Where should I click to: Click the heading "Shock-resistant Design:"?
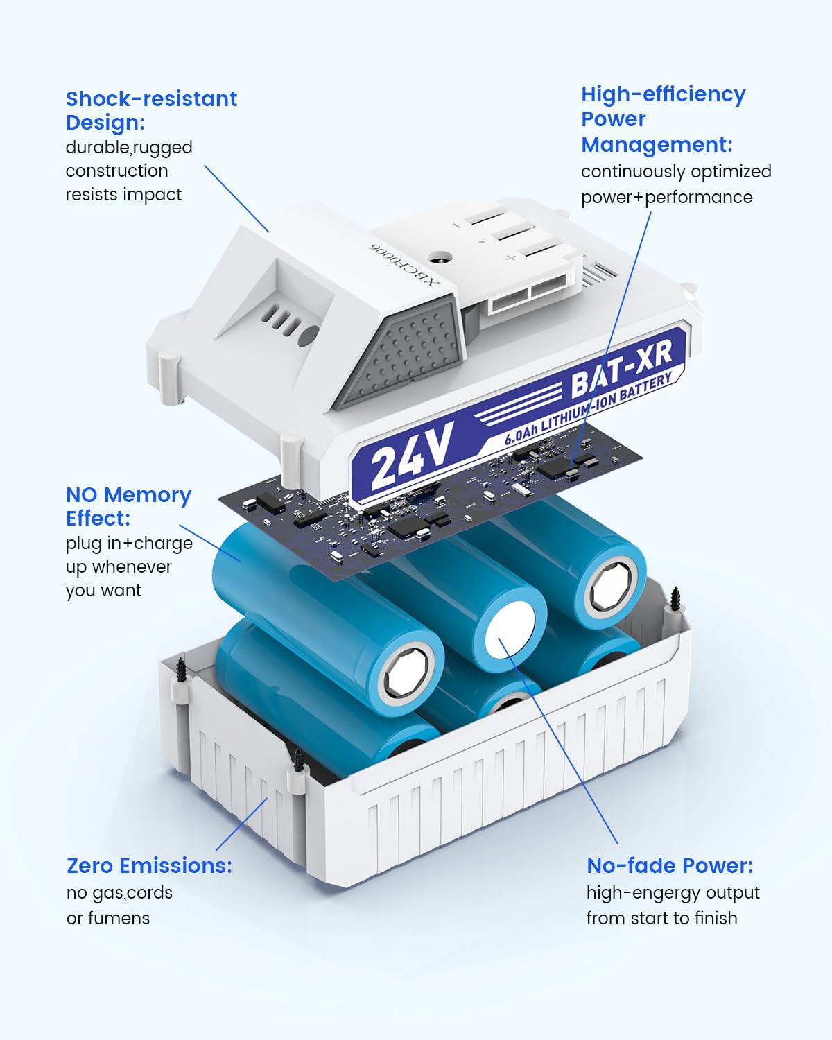point(151,111)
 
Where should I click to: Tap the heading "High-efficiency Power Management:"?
point(664,119)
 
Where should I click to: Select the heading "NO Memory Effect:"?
point(128,506)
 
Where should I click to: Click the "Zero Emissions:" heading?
point(149,865)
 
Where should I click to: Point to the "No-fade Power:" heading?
point(670,865)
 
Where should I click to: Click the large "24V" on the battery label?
point(413,456)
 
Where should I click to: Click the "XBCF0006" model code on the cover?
point(404,264)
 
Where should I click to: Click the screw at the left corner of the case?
point(181,669)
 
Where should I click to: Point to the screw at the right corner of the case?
point(676,599)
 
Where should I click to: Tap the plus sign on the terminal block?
point(510,258)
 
